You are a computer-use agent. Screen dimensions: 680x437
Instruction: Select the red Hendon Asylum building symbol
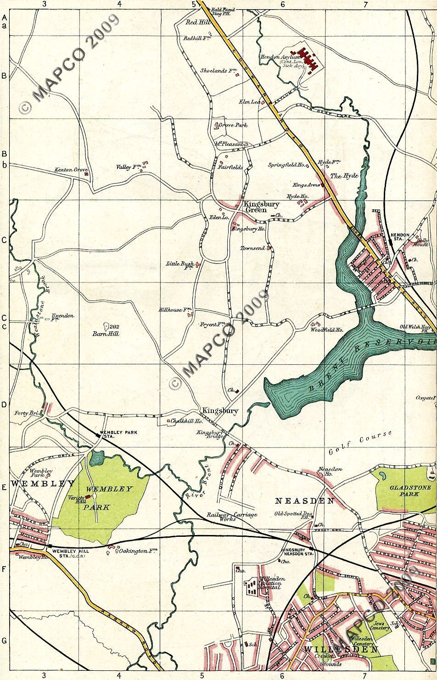[x=308, y=59]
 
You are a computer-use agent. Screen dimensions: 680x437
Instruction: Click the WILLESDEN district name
[x=341, y=649]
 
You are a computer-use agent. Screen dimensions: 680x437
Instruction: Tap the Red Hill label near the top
[x=195, y=22]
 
